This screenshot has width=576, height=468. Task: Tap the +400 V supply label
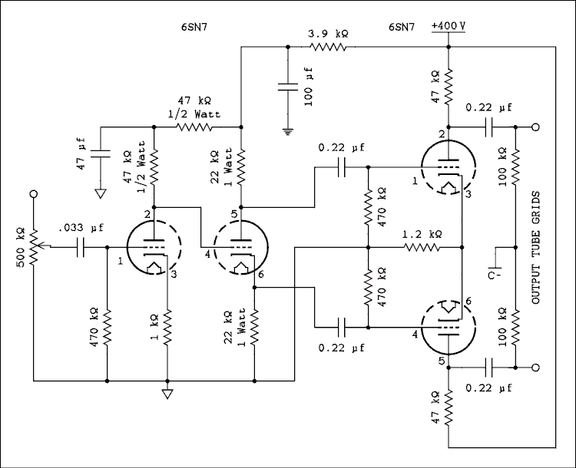tap(448, 25)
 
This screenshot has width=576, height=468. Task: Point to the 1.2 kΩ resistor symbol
tap(422, 247)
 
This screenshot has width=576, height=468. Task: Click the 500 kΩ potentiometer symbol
tap(33, 246)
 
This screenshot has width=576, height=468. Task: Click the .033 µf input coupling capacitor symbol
tap(81, 247)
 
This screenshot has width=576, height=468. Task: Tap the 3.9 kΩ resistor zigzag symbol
tap(328, 48)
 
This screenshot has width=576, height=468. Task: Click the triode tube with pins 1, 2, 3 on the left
tap(154, 247)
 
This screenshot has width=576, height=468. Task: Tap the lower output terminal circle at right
tap(535, 367)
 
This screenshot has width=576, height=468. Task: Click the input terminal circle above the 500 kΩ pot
tap(33, 196)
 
